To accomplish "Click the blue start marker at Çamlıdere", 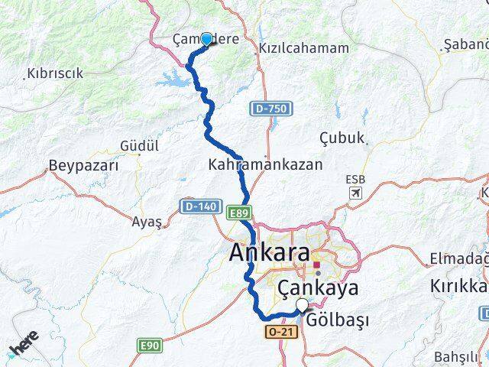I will coord(206,39).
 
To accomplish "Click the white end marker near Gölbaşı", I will coord(303,306).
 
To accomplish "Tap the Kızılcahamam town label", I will coord(293,47).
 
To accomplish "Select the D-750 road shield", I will coord(270,109).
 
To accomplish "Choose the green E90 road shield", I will coord(150,346).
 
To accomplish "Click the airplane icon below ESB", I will coord(355,193).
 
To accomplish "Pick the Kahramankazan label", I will coord(265,164).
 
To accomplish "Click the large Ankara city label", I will coord(270,253).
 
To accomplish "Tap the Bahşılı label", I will coord(460,357).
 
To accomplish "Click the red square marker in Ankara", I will coord(316,265).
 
